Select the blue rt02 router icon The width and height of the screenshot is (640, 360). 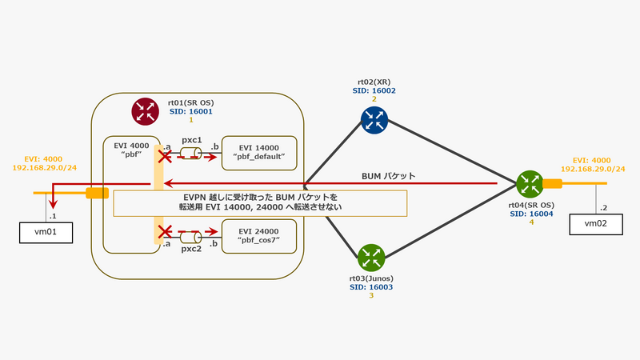373,120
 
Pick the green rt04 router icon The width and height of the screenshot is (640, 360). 529,184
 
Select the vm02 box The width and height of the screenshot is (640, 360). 596,224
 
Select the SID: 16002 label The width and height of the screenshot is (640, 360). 374,91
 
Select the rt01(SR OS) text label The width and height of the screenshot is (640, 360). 190,103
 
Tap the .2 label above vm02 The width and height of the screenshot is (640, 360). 605,206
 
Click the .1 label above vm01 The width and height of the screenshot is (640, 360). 54,217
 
